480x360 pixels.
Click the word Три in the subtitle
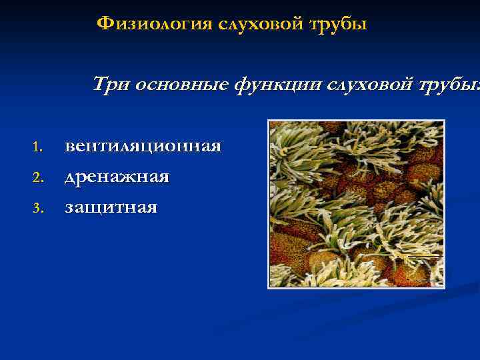(x=111, y=85)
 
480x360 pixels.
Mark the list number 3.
(x=37, y=209)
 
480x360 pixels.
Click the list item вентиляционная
(x=143, y=146)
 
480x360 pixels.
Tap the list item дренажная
(x=117, y=178)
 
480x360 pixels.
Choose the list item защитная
(x=111, y=209)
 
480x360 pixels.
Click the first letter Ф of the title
(x=104, y=25)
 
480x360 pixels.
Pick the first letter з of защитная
(x=69, y=209)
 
